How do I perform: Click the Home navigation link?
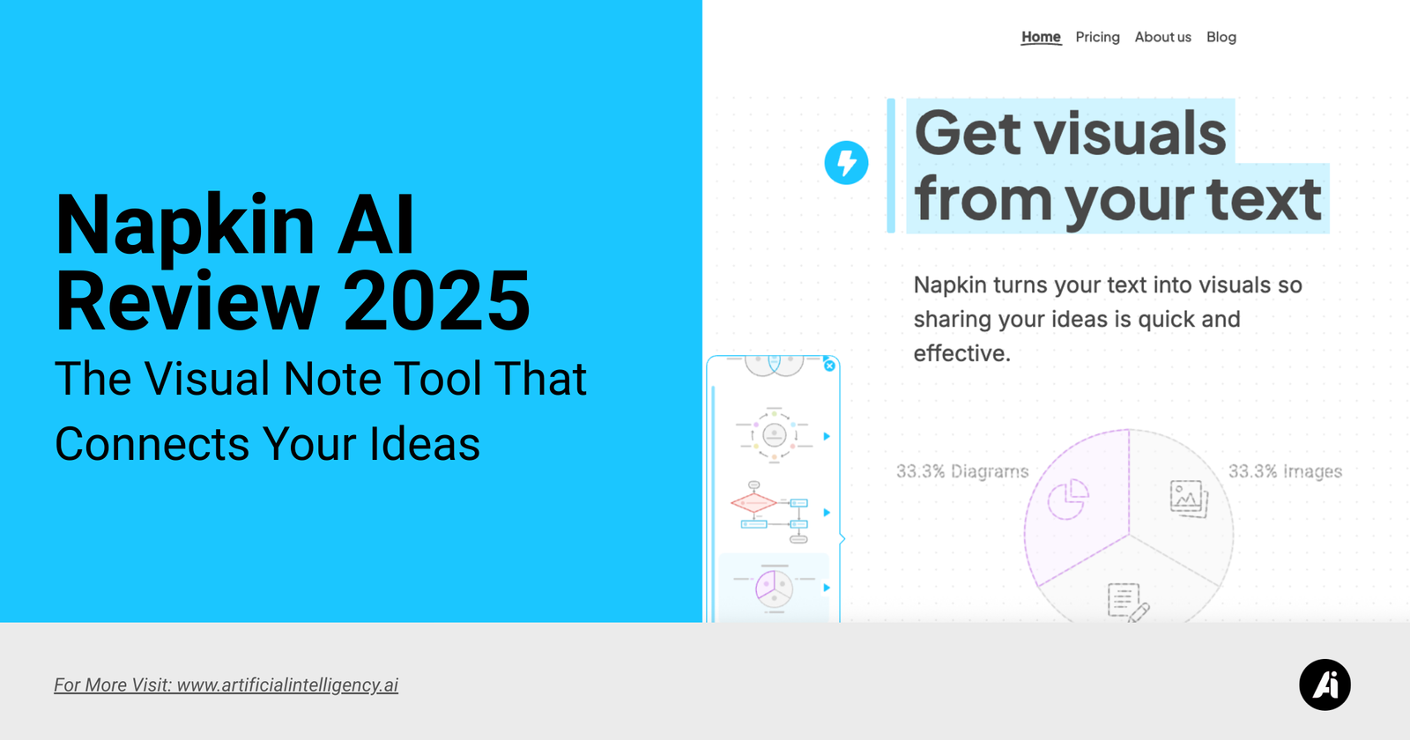[x=1041, y=37]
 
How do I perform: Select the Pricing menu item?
[x=1097, y=37]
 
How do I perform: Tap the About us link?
[x=1162, y=37]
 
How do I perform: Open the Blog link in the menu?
[x=1221, y=37]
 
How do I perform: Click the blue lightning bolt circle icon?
[x=846, y=162]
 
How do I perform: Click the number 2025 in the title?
[x=436, y=300]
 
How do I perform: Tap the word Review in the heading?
[x=187, y=300]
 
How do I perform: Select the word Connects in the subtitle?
[x=152, y=444]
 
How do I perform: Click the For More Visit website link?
[x=226, y=684]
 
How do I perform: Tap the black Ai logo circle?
[x=1325, y=684]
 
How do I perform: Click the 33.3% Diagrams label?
[x=961, y=471]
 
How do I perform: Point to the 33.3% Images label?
[x=1285, y=471]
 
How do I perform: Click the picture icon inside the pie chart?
[x=1189, y=499]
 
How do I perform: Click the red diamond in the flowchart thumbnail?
[x=753, y=503]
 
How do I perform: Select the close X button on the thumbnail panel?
[x=829, y=366]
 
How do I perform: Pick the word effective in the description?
[x=961, y=353]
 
